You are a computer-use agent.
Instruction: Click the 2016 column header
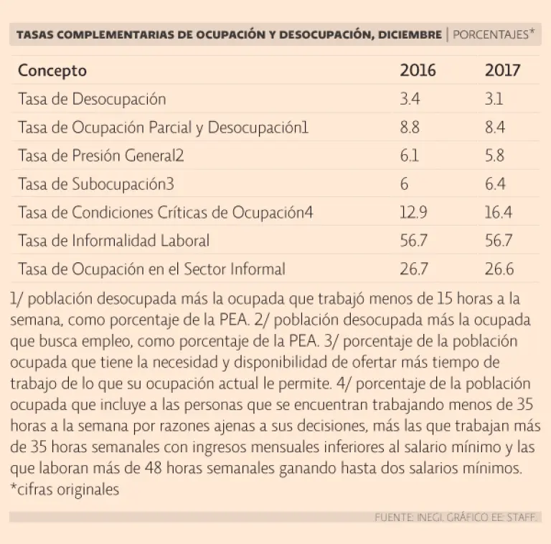tap(418, 70)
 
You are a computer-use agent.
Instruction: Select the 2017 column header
tap(502, 70)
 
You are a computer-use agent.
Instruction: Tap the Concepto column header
tap(52, 70)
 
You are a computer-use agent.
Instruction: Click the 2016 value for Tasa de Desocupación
tap(410, 99)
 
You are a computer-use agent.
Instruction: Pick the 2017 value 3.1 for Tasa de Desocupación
tap(494, 99)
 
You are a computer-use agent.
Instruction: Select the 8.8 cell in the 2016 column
tap(410, 128)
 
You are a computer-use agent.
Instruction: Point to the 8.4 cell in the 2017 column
tap(495, 128)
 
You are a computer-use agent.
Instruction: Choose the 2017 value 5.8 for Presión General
tap(495, 156)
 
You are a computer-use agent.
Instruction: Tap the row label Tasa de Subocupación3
tap(96, 184)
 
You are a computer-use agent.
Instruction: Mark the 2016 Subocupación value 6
tap(405, 184)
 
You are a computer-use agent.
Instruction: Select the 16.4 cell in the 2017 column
tap(498, 213)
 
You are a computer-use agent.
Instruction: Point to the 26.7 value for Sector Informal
tap(414, 269)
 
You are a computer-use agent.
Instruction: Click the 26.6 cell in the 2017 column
tap(499, 269)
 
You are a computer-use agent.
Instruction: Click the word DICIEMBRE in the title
tap(406, 34)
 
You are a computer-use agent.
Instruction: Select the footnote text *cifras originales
tap(65, 490)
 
